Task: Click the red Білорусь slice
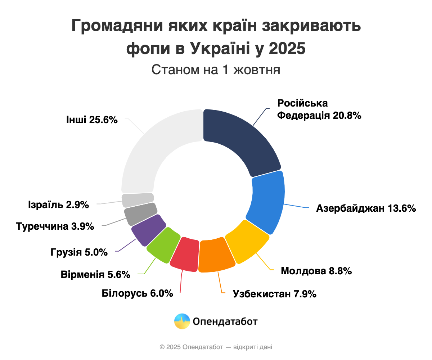click(x=185, y=254)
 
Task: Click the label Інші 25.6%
click(x=92, y=120)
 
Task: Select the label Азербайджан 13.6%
click(x=366, y=208)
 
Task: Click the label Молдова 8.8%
click(x=316, y=271)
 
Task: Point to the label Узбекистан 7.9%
click(x=275, y=294)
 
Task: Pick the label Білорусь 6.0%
click(x=138, y=293)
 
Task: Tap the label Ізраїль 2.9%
click(x=58, y=205)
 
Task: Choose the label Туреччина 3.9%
click(x=55, y=226)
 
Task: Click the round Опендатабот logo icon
click(x=182, y=321)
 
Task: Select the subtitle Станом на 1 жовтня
click(x=216, y=69)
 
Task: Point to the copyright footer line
click(x=216, y=347)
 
